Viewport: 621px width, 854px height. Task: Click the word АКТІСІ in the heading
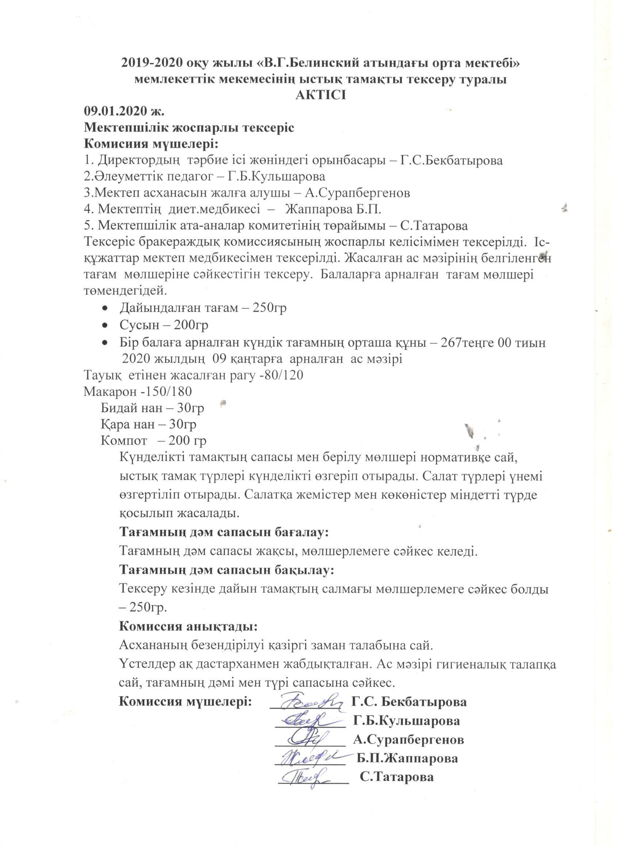320,95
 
